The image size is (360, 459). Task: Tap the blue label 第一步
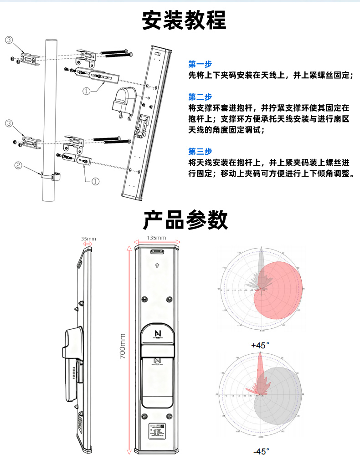coord(200,64)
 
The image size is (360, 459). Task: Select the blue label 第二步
coord(200,97)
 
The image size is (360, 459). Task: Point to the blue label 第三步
coord(200,152)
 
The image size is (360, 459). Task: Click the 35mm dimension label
coord(88,239)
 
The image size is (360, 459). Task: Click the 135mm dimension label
coord(156,238)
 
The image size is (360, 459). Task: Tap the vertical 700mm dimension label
coord(122,346)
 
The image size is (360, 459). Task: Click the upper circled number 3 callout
coord(9,40)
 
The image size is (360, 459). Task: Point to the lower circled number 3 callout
coord(9,123)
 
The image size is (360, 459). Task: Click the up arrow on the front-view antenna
coord(157,265)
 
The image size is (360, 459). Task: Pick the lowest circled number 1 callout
coord(96,181)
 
